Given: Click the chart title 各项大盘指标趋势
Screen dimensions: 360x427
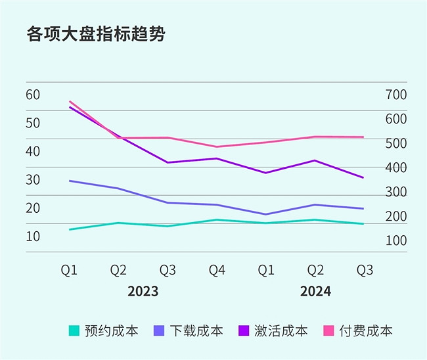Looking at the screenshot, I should pos(95,34).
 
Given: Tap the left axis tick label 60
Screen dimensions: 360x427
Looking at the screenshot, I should pos(33,94).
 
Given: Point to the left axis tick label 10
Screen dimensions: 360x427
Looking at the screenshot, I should pos(33,235).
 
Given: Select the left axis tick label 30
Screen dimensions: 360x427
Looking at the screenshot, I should pos(33,179).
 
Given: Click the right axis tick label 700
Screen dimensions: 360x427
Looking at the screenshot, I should pos(396,95).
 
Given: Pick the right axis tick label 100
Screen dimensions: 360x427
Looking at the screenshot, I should pos(396,240).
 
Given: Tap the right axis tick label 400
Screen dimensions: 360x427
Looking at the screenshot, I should pos(396,168).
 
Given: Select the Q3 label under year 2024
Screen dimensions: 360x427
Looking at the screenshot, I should pos(365,270).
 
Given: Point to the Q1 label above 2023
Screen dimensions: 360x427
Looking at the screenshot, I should pos(70,270).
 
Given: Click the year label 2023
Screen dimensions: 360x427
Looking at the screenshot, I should pos(143,291).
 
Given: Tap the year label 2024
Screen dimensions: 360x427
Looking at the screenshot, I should pos(315,291).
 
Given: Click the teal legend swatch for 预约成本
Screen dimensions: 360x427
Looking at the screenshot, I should pos(74,330).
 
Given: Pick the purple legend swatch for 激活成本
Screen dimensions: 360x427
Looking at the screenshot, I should pos(244,330).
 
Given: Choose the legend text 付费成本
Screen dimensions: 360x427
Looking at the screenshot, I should pos(366,330).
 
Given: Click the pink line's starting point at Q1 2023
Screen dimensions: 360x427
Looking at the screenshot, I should pos(70,102).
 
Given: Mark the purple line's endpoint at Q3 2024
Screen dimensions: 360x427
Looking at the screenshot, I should pos(363,177).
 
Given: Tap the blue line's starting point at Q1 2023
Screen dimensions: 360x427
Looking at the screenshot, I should pos(70,181).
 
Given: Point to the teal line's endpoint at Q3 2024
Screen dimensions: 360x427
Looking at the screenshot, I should pos(363,224).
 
